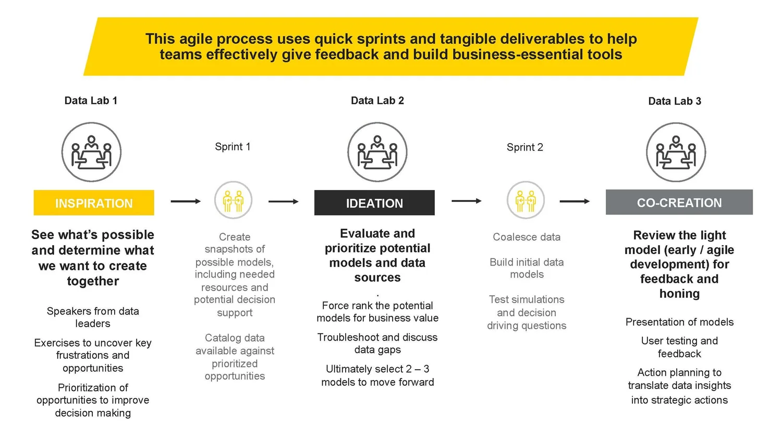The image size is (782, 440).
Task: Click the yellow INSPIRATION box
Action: pyautogui.click(x=94, y=203)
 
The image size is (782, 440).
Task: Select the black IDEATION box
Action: pyautogui.click(x=374, y=203)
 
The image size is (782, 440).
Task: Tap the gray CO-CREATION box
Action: pyautogui.click(x=679, y=203)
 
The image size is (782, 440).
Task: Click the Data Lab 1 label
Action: pyautogui.click(x=91, y=100)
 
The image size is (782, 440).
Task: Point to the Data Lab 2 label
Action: pyautogui.click(x=377, y=100)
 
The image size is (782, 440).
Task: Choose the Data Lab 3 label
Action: pyautogui.click(x=674, y=101)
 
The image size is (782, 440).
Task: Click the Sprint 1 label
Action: pyautogui.click(x=233, y=147)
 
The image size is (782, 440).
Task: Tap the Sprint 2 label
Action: pyautogui.click(x=524, y=147)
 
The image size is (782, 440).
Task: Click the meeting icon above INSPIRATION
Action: pyautogui.click(x=92, y=152)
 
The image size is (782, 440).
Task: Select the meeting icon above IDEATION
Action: pyautogui.click(x=377, y=152)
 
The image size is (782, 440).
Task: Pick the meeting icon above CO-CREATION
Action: pyautogui.click(x=676, y=152)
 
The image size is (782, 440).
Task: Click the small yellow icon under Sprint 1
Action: pyautogui.click(x=233, y=200)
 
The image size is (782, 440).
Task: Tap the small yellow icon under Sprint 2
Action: pyautogui.click(x=526, y=200)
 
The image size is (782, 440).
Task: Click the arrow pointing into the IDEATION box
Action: pyautogui.click(x=284, y=202)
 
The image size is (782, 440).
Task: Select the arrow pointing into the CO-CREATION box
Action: pyautogui.click(x=575, y=202)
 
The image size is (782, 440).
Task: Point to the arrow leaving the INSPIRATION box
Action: pyautogui.click(x=186, y=202)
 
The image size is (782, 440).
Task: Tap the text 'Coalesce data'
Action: pyautogui.click(x=527, y=237)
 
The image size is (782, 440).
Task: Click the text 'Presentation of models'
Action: pyautogui.click(x=679, y=322)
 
